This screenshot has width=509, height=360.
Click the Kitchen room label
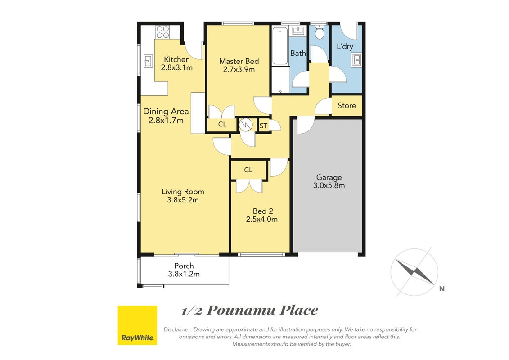[x=176, y=59]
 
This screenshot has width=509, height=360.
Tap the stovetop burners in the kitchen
[x=162, y=32]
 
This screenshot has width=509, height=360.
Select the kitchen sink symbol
[x=149, y=61]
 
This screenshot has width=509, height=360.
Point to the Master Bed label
[x=239, y=61]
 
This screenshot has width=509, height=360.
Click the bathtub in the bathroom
[x=280, y=46]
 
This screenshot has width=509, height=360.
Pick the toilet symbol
[x=320, y=32]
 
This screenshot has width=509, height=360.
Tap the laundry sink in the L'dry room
[x=356, y=61]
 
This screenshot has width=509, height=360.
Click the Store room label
[x=347, y=105]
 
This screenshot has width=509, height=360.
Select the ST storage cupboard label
[x=263, y=126]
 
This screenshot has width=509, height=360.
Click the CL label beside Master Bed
[x=222, y=124]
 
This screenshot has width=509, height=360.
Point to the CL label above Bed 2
[x=248, y=170]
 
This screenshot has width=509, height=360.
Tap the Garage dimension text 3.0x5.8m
[x=329, y=186]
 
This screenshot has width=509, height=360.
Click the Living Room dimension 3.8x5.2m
[x=183, y=200]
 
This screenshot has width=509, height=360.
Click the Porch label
[x=184, y=266]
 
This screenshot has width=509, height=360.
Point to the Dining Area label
[x=166, y=112]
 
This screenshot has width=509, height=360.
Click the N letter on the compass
[x=441, y=288]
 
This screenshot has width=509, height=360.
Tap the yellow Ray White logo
[x=137, y=325]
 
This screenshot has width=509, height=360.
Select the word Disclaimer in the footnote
[x=178, y=329]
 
